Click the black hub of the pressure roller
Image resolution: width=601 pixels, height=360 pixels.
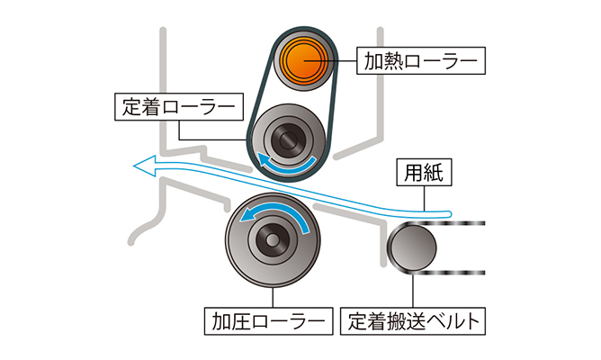coord(270,239)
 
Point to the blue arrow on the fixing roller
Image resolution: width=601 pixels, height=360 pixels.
coord(286,165)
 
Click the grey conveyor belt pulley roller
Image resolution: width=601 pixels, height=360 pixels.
coord(411,247)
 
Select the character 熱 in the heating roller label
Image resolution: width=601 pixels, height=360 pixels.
coord(390,61)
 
